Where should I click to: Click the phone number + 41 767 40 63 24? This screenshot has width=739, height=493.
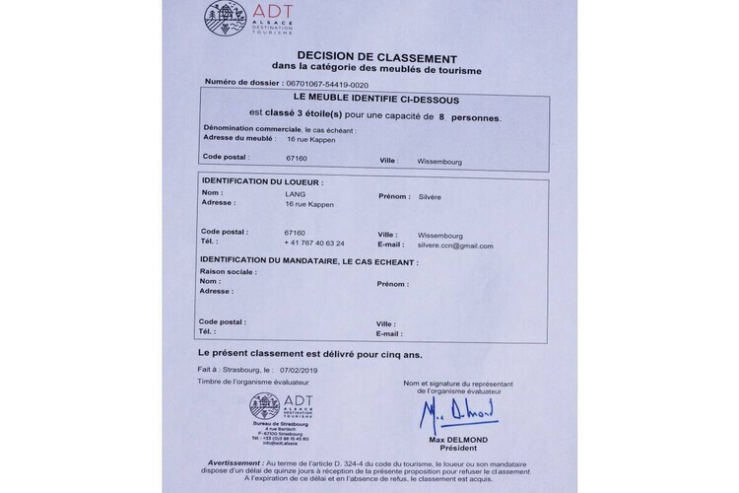pyautogui.click(x=312, y=243)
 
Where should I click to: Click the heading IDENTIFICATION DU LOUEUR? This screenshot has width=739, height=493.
pyautogui.click(x=262, y=182)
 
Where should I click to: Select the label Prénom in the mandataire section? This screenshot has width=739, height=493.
pyautogui.click(x=392, y=283)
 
